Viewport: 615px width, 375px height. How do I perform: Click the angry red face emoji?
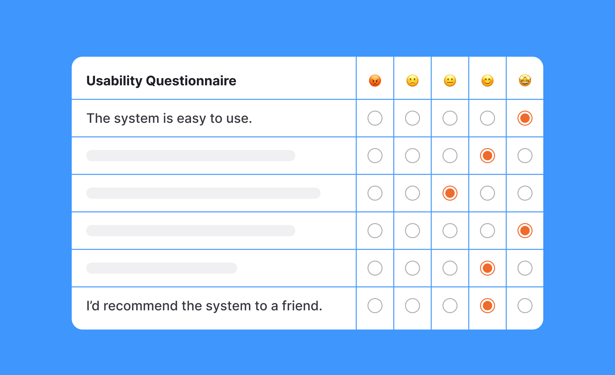point(375,81)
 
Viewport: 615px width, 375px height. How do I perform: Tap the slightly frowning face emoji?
point(412,81)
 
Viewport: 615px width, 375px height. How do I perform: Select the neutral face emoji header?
point(450,81)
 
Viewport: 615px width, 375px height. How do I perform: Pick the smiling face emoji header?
point(487,81)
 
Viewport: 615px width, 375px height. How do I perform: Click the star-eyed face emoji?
point(525,80)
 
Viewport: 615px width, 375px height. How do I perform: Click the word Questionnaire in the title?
point(191,81)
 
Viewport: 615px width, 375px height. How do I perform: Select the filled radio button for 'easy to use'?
point(525,118)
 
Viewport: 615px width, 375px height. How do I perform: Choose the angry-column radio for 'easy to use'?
point(375,118)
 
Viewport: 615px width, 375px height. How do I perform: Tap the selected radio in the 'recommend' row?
point(487,306)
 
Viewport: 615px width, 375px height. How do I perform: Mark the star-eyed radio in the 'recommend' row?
point(525,306)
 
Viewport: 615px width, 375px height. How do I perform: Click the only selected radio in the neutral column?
point(450,193)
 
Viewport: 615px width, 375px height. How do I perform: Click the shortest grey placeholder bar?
point(162,268)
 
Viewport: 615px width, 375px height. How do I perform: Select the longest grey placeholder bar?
point(203,193)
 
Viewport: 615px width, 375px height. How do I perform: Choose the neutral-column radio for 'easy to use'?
point(450,118)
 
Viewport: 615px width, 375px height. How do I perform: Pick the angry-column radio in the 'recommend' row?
point(375,306)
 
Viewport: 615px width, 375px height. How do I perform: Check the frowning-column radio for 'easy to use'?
point(412,118)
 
